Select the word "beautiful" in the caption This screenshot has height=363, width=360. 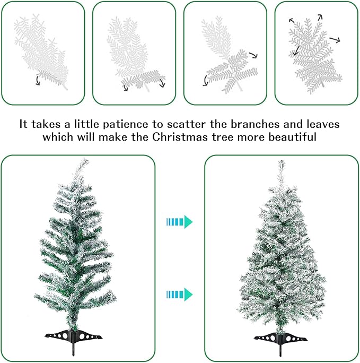(x=292, y=137)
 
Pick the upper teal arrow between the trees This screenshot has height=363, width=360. (x=179, y=221)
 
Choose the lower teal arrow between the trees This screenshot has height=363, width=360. (x=179, y=294)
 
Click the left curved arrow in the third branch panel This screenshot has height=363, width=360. (x=205, y=81)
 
